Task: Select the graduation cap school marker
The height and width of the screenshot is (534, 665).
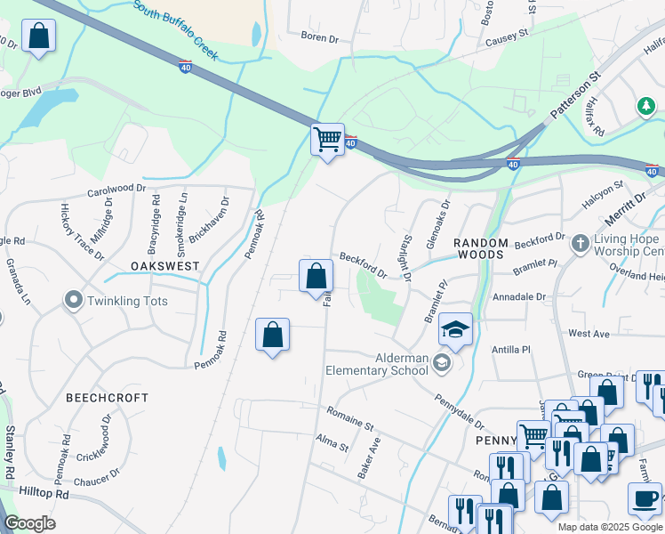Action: [x=455, y=330]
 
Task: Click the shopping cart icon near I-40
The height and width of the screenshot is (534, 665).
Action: [x=327, y=139]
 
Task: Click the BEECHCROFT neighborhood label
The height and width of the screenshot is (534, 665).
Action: [x=107, y=398]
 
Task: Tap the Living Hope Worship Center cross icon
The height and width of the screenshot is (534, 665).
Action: [x=580, y=242]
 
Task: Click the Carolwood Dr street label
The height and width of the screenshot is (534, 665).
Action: [x=116, y=189]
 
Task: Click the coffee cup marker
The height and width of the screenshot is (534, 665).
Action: [x=645, y=499]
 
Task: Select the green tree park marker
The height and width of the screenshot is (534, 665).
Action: [x=646, y=107]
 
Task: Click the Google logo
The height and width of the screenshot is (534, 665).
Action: [x=29, y=523]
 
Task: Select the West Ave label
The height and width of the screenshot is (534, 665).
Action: [x=589, y=333]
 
